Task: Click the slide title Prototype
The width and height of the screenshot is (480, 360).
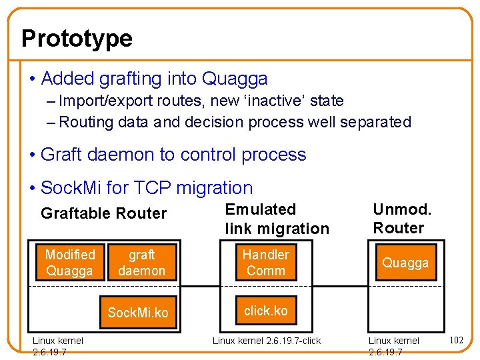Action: pyautogui.click(x=77, y=39)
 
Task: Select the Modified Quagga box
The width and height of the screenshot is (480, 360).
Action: pyautogui.click(x=70, y=263)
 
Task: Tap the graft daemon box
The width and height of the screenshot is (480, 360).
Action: pyautogui.click(x=141, y=263)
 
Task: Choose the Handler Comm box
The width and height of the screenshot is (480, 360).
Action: pyautogui.click(x=265, y=263)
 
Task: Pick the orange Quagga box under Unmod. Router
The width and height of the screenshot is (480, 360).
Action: pyautogui.click(x=405, y=263)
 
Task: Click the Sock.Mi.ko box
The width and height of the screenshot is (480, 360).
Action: pyautogui.click(x=138, y=313)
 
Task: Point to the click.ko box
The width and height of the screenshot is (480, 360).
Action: pyautogui.click(x=265, y=311)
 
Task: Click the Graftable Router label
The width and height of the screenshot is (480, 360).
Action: pyautogui.click(x=103, y=213)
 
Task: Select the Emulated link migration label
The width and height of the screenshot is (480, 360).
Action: pyautogui.click(x=277, y=219)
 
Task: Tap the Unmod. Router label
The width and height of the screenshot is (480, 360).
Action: pyautogui.click(x=402, y=219)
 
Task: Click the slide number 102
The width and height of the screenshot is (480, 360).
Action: pyautogui.click(x=457, y=340)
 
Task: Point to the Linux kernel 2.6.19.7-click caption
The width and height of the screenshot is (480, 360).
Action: pyautogui.click(x=266, y=341)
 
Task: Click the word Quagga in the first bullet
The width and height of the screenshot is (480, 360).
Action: pyautogui.click(x=234, y=79)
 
